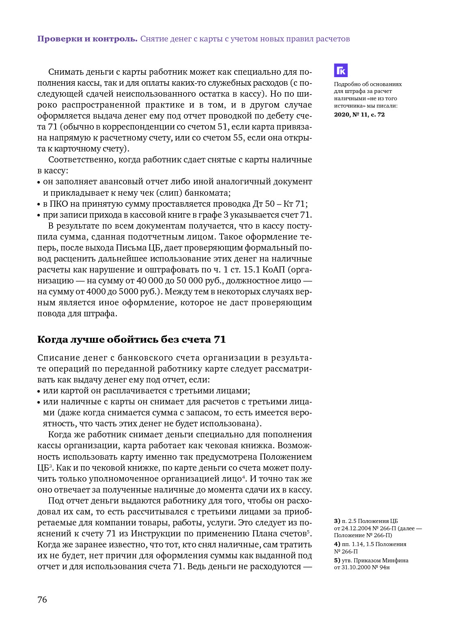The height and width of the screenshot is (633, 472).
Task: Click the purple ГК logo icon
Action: [x=341, y=71]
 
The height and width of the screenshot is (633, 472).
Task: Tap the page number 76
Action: [x=42, y=600]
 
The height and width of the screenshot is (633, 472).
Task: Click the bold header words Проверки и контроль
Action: [x=87, y=39]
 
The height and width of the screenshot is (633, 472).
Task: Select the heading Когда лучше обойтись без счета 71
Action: [x=131, y=339]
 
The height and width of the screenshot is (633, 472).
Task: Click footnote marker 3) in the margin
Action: [x=337, y=521]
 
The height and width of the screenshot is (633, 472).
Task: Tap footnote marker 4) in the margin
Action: [x=337, y=544]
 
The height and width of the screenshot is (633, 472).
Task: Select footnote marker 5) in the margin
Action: [x=337, y=560]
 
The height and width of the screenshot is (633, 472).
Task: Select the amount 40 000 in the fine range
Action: [x=149, y=281]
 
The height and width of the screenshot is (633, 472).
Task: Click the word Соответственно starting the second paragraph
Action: [x=82, y=160]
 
